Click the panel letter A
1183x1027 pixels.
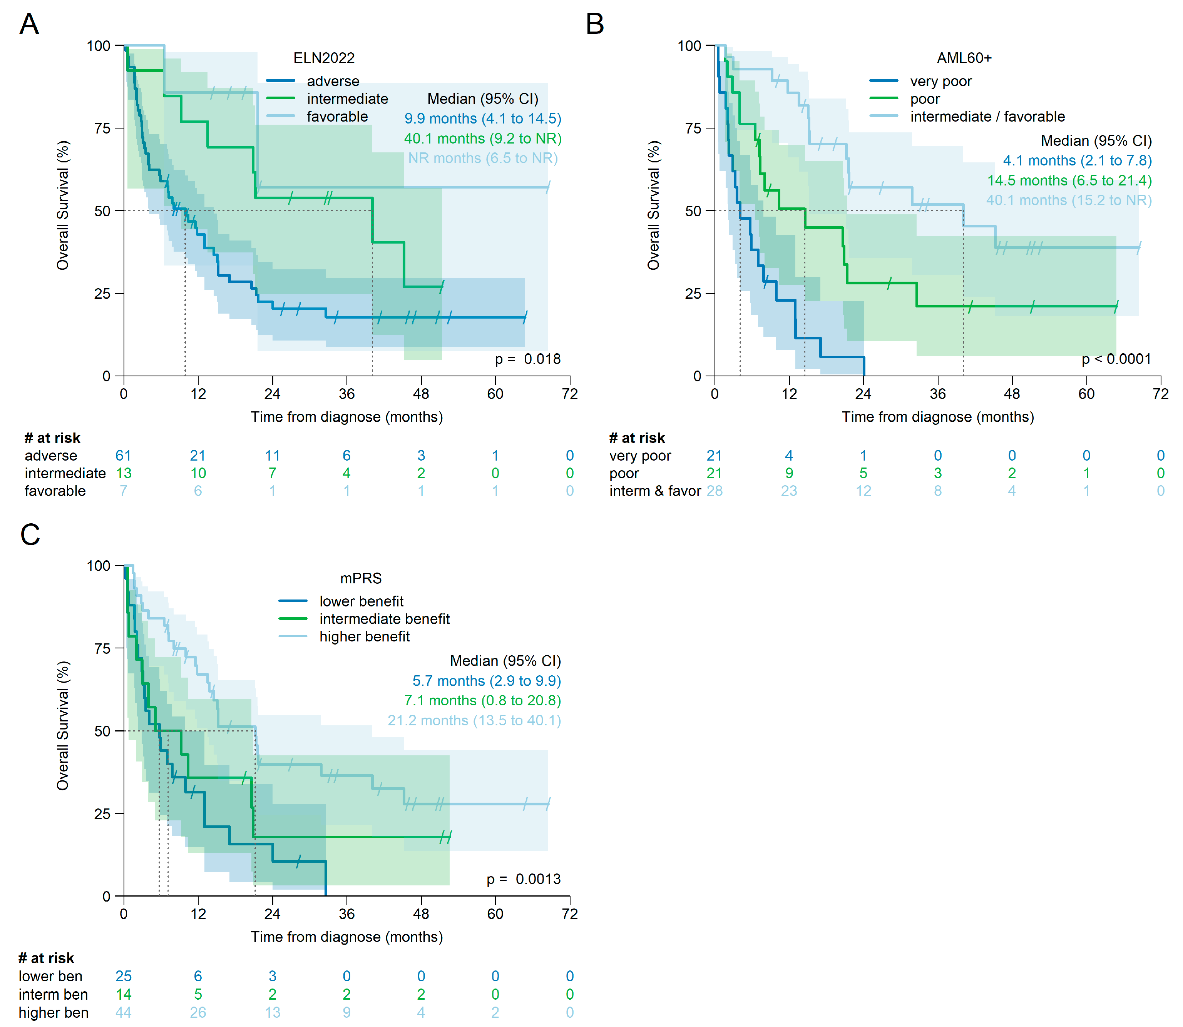click(x=29, y=24)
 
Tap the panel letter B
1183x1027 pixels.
click(x=595, y=24)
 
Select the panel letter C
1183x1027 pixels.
click(x=30, y=535)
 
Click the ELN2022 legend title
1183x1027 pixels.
click(x=324, y=58)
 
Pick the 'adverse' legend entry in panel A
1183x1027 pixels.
click(x=333, y=81)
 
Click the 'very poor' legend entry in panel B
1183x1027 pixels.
click(x=940, y=81)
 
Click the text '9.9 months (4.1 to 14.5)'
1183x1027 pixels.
click(x=483, y=119)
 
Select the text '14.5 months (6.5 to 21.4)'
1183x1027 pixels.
click(x=1069, y=180)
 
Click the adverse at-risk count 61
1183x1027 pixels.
click(x=123, y=456)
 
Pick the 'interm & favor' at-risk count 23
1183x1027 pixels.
click(x=789, y=491)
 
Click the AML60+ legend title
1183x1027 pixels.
click(x=964, y=58)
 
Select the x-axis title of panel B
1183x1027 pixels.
click(x=937, y=417)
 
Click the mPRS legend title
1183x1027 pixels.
click(x=361, y=578)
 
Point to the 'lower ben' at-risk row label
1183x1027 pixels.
click(x=50, y=976)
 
